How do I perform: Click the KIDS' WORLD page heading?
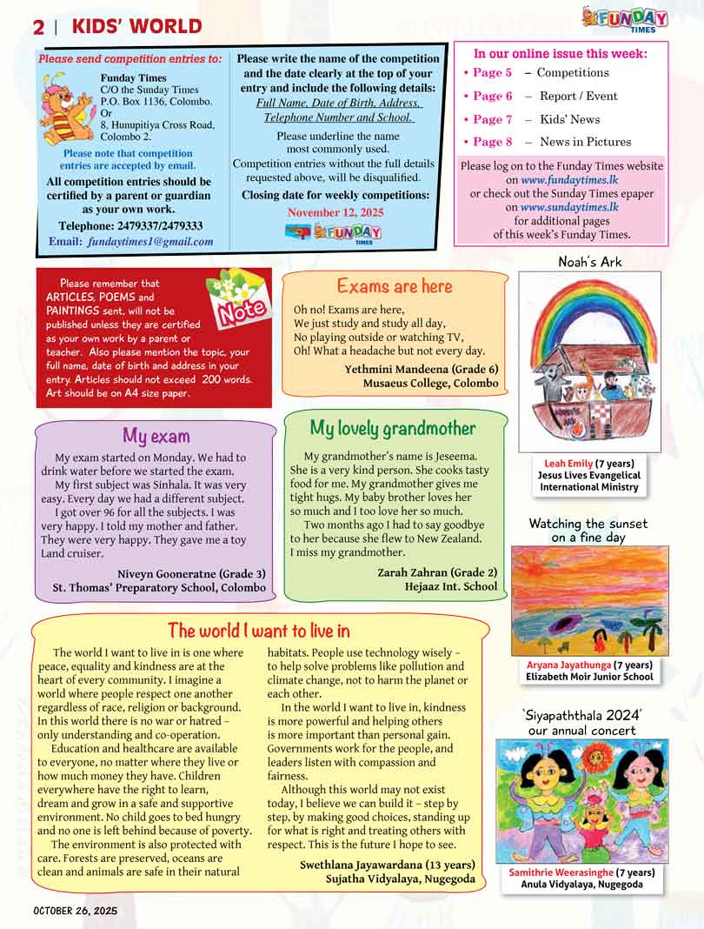[x=136, y=27]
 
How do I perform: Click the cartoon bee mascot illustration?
[x=68, y=107]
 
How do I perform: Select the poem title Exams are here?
[x=395, y=286]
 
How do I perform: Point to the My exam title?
[x=156, y=436]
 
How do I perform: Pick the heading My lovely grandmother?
[x=393, y=428]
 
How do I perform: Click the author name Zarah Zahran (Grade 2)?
[x=437, y=572]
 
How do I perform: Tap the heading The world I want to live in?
[x=258, y=630]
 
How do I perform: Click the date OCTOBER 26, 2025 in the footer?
[x=75, y=911]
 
